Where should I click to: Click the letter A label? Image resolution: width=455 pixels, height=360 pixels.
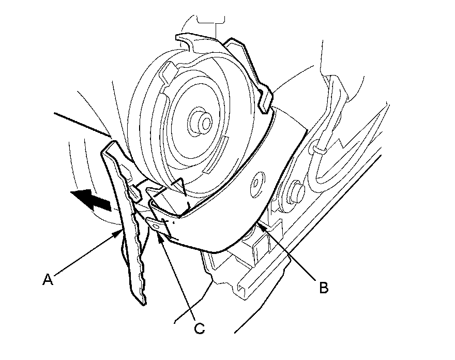point(48,280)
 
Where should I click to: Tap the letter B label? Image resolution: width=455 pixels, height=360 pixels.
point(323,288)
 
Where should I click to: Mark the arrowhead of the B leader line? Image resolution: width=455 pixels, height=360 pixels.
point(262,224)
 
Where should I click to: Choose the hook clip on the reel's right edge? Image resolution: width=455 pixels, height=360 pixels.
point(265,101)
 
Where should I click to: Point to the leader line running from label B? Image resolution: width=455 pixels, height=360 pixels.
point(290,254)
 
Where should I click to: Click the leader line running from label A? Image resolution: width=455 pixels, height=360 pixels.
point(85,257)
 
